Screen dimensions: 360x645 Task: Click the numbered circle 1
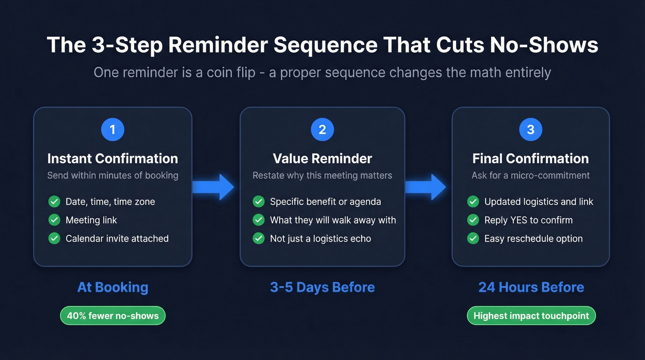point(112,130)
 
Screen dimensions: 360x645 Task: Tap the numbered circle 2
point(322,130)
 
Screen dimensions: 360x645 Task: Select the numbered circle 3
point(530,130)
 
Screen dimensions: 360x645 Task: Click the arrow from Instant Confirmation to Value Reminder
point(213,187)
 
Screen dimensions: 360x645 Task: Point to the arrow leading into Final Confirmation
point(425,187)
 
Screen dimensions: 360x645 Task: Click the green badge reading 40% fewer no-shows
point(112,316)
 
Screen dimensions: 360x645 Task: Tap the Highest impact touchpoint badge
point(531,316)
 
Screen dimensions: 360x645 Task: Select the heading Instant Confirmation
point(112,159)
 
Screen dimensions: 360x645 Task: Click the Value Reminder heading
point(322,159)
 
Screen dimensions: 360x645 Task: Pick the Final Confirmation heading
point(530,159)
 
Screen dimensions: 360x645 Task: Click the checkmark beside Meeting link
point(54,220)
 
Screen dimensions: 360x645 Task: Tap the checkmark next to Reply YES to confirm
point(473,220)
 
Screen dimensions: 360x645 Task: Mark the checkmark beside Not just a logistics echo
point(258,238)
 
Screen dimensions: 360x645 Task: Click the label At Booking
point(112,287)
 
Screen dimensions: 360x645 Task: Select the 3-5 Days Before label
point(322,287)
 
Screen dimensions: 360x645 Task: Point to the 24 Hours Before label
point(531,287)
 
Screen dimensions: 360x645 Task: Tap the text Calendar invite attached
point(117,238)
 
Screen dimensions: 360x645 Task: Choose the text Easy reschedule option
point(533,238)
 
